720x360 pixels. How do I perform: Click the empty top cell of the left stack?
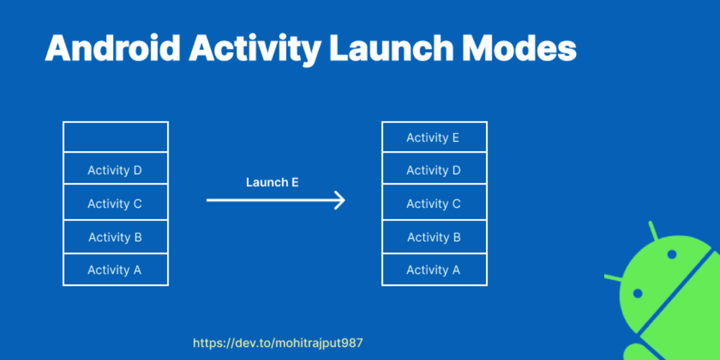click(x=116, y=137)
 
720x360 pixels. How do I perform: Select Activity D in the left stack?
click(x=114, y=171)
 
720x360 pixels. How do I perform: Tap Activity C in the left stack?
click(x=114, y=204)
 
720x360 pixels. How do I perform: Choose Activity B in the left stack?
click(x=114, y=237)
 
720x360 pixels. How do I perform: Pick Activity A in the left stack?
click(x=114, y=269)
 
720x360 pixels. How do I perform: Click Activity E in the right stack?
click(x=433, y=138)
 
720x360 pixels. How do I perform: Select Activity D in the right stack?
click(x=433, y=171)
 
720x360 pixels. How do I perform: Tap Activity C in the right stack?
click(x=433, y=204)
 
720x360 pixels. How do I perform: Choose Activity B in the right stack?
click(x=434, y=237)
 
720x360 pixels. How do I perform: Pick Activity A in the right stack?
click(x=433, y=269)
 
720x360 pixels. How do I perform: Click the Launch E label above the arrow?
click(x=272, y=182)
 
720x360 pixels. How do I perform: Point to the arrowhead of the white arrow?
click(x=344, y=200)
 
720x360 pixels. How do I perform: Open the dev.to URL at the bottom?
click(x=278, y=343)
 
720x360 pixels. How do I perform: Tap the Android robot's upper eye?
click(x=672, y=254)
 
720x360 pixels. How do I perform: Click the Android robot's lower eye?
click(x=637, y=293)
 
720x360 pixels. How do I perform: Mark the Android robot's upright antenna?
click(x=654, y=231)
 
